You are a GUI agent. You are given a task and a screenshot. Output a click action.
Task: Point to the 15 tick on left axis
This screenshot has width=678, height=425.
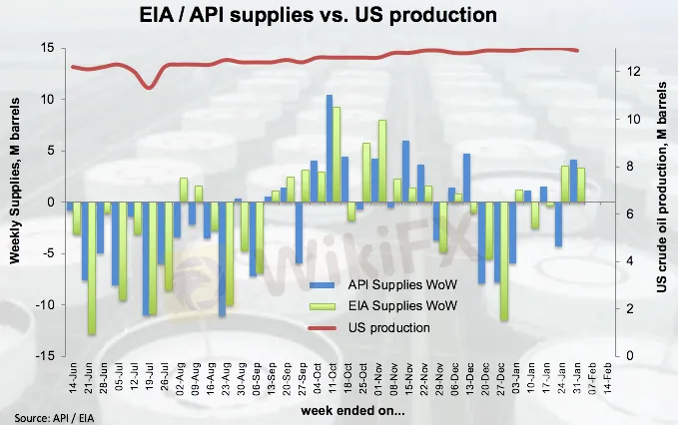[46, 48]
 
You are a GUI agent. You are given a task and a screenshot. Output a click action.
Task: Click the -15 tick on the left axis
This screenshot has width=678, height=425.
[44, 355]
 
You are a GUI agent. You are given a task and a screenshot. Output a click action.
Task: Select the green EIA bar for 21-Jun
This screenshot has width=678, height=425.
[92, 267]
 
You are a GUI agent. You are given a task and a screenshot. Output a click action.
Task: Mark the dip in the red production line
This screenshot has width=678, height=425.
[150, 87]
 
